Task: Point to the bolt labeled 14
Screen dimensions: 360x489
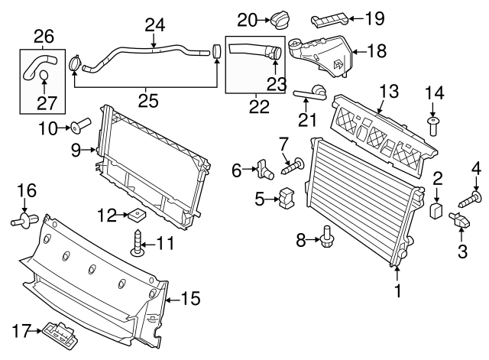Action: click(x=433, y=125)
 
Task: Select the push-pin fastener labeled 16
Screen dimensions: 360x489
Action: click(x=24, y=221)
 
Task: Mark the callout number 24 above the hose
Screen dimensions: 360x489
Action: click(x=155, y=25)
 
